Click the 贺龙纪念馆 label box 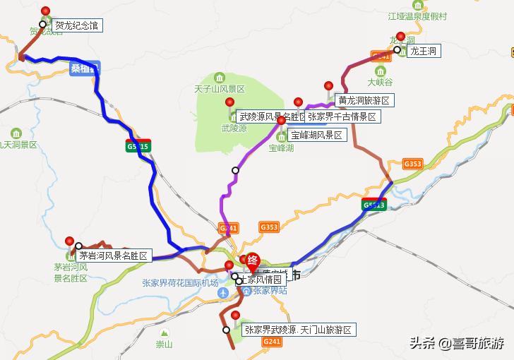coord(77,25)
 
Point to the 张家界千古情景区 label coord(342,116)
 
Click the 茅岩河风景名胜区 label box coord(114,256)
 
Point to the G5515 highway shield coord(138,146)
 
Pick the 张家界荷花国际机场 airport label coord(180,282)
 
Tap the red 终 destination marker coord(252,262)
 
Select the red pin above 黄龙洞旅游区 coord(328,86)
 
